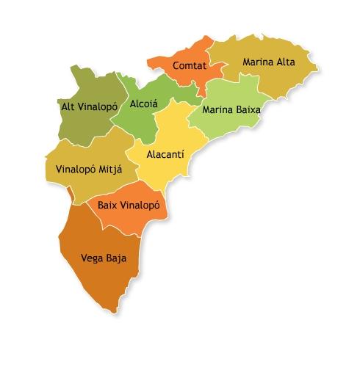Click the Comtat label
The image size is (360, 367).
pos(188,66)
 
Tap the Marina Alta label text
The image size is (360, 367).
pos(268,62)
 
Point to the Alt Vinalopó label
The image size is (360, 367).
pos(90,106)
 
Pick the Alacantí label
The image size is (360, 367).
pos(165,155)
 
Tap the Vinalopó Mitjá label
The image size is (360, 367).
pos(89,169)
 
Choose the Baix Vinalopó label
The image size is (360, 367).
pos(129,206)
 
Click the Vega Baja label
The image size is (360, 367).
pos(102,258)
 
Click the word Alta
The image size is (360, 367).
pos(285,62)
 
